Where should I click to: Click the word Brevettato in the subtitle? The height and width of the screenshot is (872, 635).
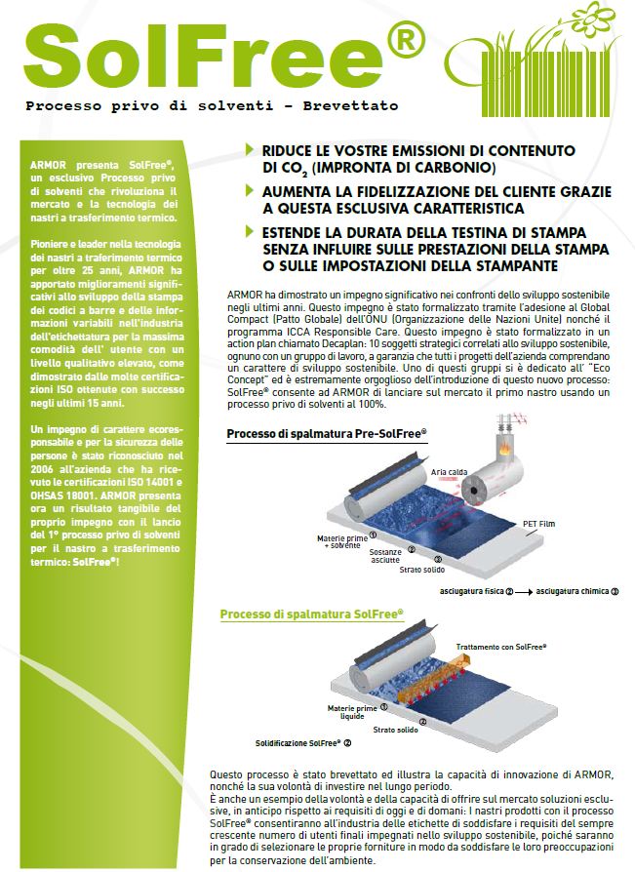point(354,104)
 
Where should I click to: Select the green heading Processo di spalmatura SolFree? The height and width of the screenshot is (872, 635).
point(311,614)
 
